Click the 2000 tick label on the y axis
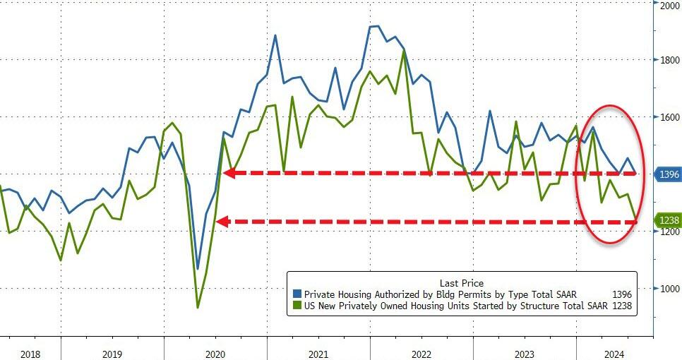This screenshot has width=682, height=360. point(669,6)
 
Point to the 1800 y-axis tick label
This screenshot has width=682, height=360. point(669,61)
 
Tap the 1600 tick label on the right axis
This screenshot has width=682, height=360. point(669,117)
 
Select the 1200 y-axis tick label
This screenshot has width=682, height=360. point(669,232)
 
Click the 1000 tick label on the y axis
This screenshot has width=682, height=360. point(669,289)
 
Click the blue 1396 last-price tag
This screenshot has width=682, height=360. point(669,174)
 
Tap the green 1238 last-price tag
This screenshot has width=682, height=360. point(669,220)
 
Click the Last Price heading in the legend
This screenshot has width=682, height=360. point(461,282)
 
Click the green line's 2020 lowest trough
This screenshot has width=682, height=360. point(198,307)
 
